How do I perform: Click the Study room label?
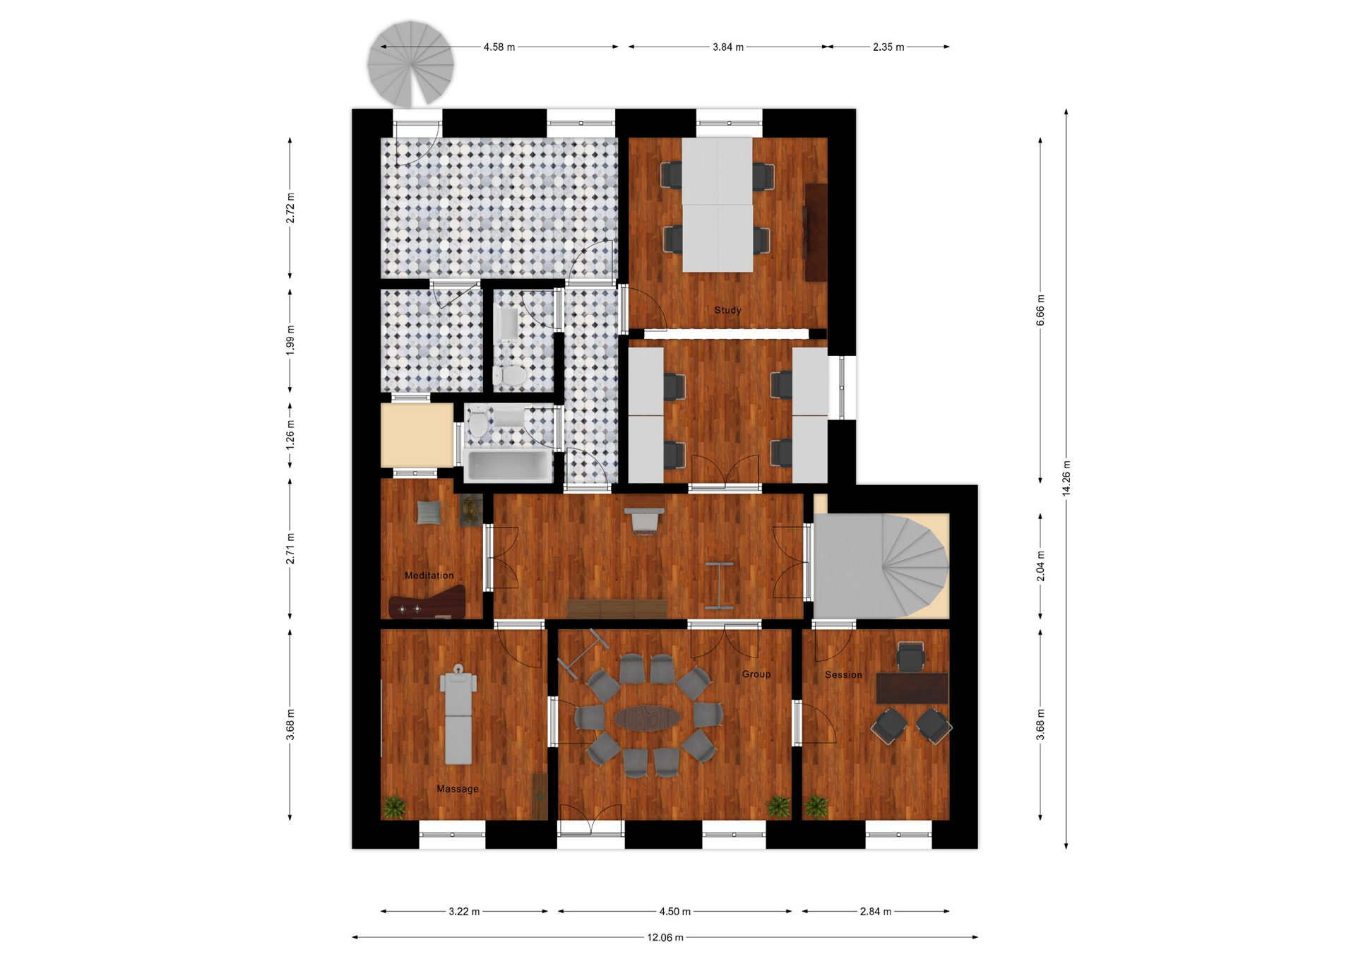point(727,310)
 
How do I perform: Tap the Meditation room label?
point(429,576)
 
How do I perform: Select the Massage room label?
point(458,789)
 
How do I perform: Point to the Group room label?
point(756,674)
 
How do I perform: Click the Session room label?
point(843,675)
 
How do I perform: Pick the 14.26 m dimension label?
point(1066,478)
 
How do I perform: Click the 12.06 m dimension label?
point(665,938)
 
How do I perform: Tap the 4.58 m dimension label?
point(499,47)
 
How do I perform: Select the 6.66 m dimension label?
point(1040,311)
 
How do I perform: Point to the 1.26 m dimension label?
point(290,434)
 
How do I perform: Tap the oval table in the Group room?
point(647,719)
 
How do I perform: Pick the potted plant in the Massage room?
point(394,806)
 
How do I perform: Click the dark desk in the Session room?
point(912,688)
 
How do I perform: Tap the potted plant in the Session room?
point(816,806)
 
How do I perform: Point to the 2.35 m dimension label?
point(888,47)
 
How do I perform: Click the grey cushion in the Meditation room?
point(429,512)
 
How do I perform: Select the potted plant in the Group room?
point(778,806)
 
